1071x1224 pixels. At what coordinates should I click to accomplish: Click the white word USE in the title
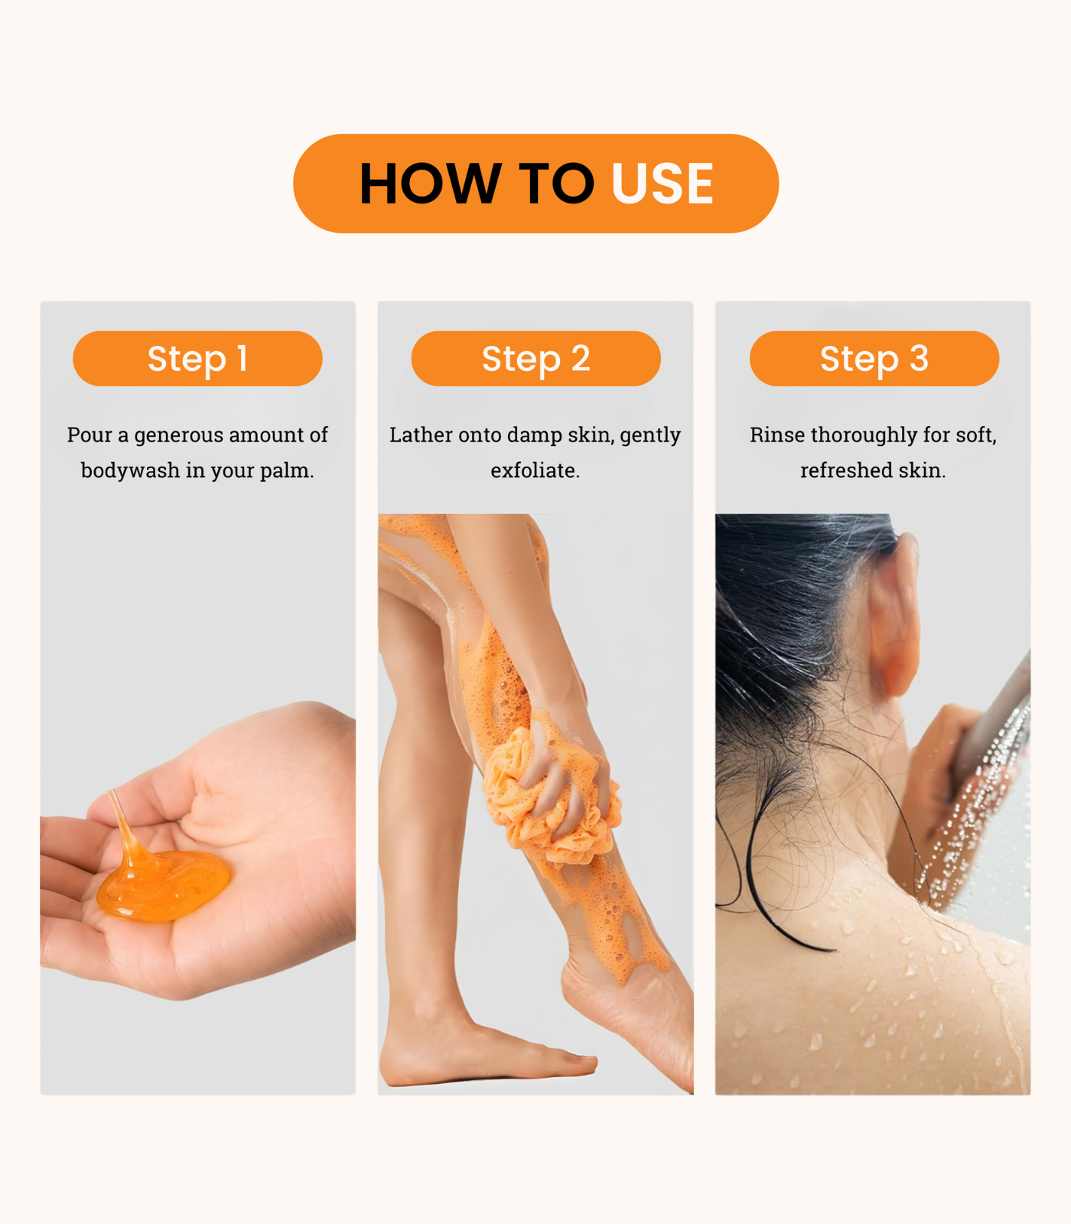[662, 184]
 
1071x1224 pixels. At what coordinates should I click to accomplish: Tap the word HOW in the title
[431, 184]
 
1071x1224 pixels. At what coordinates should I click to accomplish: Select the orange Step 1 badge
[197, 358]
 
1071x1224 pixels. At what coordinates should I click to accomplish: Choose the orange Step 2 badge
[535, 358]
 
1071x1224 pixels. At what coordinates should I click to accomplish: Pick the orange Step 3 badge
[874, 358]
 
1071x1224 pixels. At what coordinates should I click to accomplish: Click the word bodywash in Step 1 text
[130, 470]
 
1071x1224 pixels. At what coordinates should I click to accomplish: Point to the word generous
[179, 436]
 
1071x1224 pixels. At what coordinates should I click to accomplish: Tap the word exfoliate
[535, 470]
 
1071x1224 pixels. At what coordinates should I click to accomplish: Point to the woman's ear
[895, 612]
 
